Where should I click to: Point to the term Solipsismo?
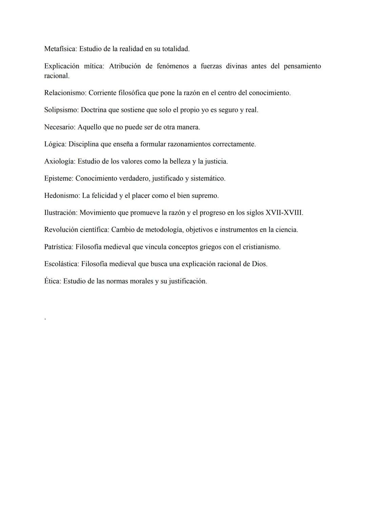point(61,110)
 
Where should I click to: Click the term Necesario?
point(59,127)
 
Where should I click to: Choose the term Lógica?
point(55,144)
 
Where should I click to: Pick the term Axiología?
point(59,161)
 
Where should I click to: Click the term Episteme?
point(58,178)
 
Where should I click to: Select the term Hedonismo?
point(62,196)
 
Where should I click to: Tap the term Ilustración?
point(60,213)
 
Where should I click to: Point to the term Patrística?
point(58,247)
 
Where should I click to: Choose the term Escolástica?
point(61,264)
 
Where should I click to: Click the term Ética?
point(53,281)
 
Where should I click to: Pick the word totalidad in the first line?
point(175,49)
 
